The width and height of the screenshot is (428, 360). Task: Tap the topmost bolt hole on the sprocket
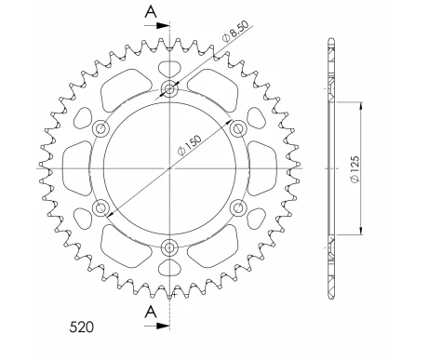pyautogui.click(x=169, y=89)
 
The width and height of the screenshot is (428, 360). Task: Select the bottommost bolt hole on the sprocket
pyautogui.click(x=169, y=247)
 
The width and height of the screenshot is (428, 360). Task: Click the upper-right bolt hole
pyautogui.click(x=237, y=128)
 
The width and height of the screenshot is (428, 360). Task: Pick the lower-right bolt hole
pyautogui.click(x=237, y=207)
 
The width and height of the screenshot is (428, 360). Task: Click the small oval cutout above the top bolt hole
pyautogui.click(x=169, y=69)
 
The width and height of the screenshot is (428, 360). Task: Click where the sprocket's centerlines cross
pyautogui.click(x=169, y=168)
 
